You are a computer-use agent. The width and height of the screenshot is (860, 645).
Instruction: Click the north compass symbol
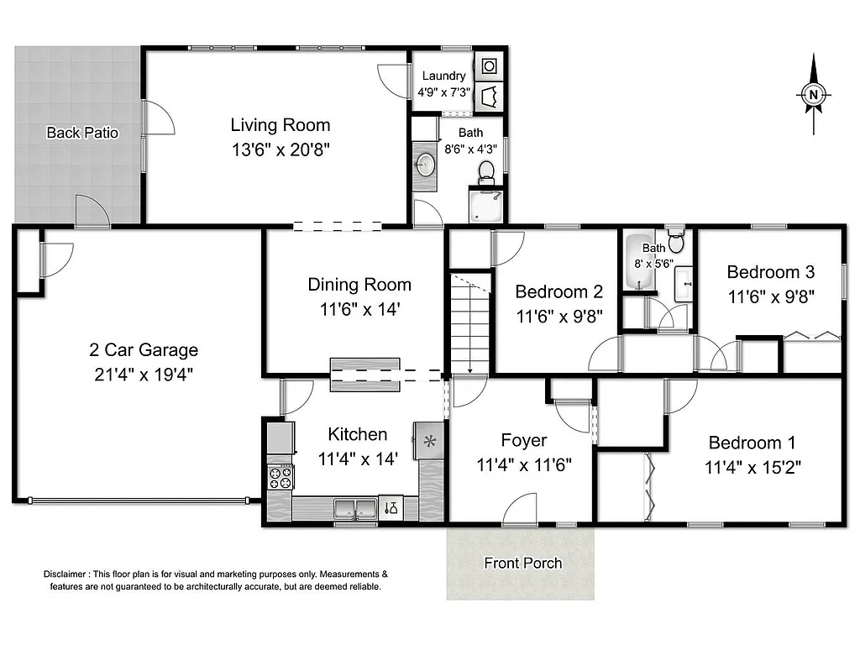813,95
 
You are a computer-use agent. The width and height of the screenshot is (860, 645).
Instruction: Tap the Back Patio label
82,133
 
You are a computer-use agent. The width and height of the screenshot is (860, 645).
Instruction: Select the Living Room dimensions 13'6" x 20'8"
281,150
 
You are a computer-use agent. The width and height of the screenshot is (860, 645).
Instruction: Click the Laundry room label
443,76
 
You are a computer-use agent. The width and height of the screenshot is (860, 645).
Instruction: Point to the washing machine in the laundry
489,66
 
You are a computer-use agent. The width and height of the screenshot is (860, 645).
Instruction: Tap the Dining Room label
359,285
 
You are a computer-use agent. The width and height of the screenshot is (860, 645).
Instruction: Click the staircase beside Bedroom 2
470,323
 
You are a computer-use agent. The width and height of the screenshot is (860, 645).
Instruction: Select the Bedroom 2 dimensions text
558,317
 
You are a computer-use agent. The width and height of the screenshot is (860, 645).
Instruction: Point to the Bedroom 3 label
770,272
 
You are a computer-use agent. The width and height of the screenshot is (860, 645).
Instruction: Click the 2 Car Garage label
144,350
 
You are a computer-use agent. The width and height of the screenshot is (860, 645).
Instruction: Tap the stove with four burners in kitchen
280,478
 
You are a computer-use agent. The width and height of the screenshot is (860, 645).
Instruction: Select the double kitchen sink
354,507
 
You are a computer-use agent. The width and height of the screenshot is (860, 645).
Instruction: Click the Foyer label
523,441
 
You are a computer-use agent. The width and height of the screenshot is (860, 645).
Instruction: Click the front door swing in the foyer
521,509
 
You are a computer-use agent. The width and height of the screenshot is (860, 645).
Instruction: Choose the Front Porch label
522,563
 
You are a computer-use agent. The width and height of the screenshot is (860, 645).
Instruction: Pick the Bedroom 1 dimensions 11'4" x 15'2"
752,467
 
